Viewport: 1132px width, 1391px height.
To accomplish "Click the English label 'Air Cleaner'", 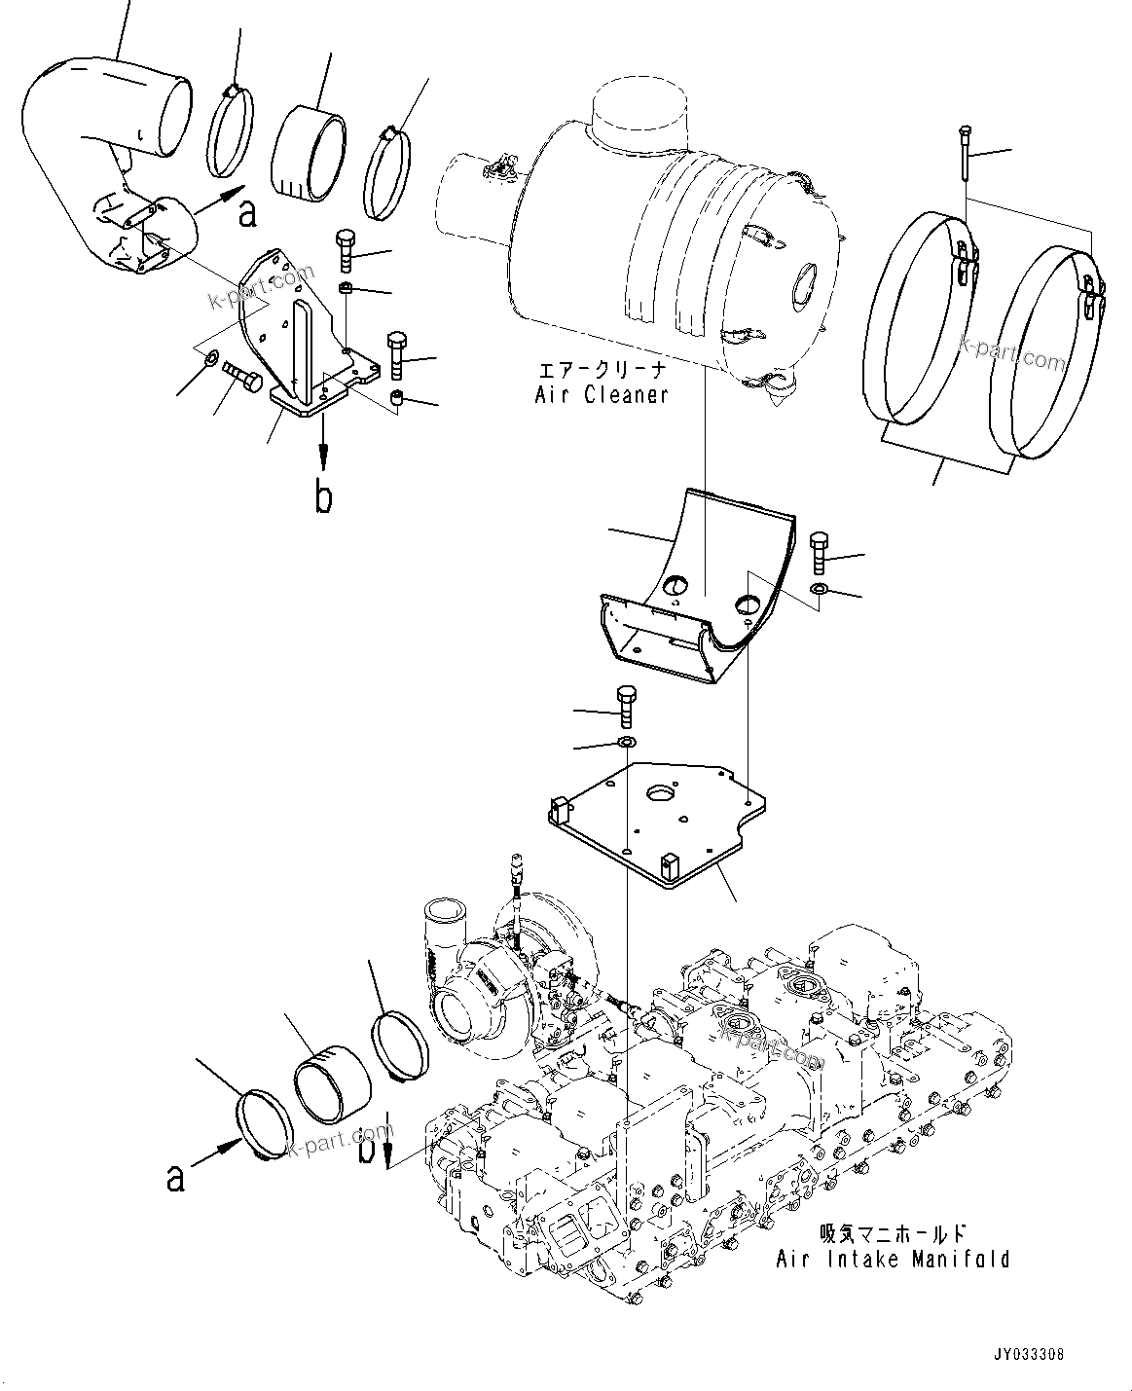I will click(601, 394).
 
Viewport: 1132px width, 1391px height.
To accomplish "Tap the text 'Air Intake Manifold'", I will click(892, 1259).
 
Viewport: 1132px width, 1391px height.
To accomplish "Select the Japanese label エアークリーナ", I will click(601, 371).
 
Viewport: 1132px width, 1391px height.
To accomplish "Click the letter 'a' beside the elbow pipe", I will click(248, 213).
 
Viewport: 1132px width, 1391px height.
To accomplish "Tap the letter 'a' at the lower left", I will click(175, 1178).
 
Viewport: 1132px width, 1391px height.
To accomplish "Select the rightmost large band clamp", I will click(1046, 350).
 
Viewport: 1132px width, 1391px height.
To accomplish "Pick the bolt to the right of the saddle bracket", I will click(819, 554).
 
